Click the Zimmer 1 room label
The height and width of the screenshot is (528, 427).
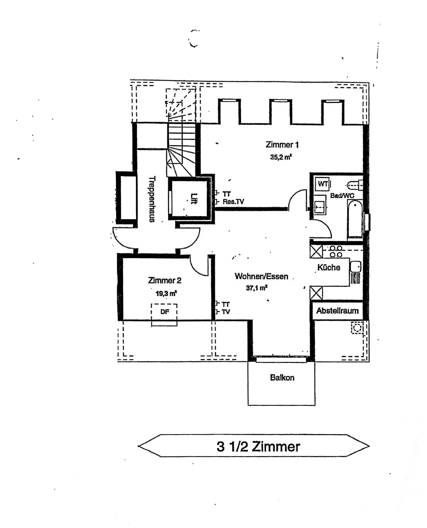click(x=282, y=145)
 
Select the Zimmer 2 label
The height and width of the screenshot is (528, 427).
click(x=165, y=280)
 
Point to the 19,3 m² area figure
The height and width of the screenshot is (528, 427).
click(x=166, y=293)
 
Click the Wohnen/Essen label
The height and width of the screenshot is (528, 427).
click(x=261, y=276)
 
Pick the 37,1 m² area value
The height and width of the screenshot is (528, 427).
click(x=257, y=288)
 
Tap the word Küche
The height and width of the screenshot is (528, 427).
click(x=329, y=267)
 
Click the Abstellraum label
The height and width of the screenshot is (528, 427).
click(x=337, y=311)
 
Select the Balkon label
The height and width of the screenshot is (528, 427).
click(x=282, y=378)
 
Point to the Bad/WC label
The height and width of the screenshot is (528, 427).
click(x=342, y=196)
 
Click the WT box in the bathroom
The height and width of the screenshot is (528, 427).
click(x=323, y=184)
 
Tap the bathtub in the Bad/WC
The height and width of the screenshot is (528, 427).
click(x=355, y=219)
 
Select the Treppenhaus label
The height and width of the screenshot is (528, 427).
click(x=152, y=199)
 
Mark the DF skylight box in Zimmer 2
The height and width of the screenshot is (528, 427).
click(x=164, y=315)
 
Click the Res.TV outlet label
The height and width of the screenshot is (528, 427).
click(x=233, y=202)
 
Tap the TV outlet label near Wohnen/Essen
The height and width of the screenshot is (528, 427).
click(x=226, y=312)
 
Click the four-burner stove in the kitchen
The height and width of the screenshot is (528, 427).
click(x=336, y=252)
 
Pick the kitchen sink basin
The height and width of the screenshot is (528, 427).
click(x=355, y=267)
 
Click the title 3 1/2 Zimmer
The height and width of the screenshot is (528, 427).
click(x=258, y=446)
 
